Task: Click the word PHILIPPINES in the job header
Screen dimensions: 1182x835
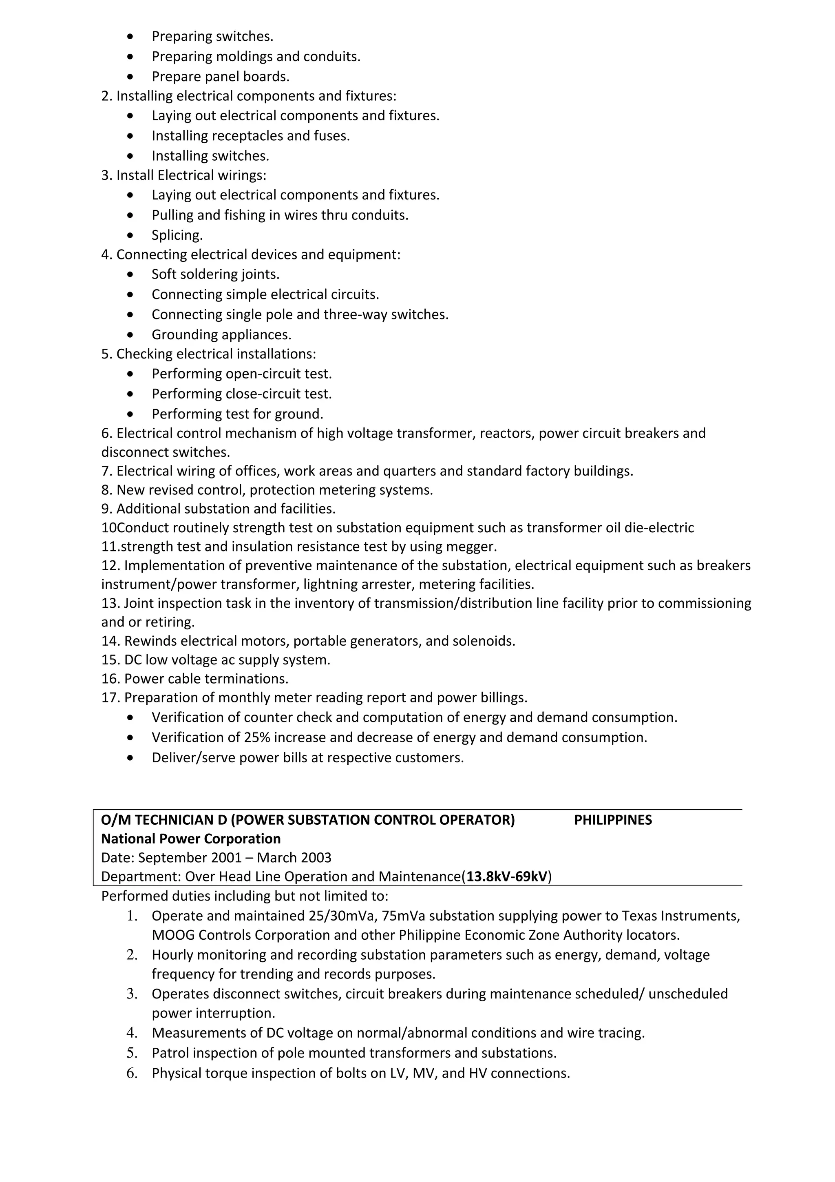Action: [613, 820]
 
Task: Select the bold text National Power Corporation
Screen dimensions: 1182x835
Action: [191, 839]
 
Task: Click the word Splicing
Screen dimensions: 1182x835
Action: [177, 235]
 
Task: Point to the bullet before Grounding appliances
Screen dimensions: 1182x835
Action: [132, 334]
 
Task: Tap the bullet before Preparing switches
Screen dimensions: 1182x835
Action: [132, 37]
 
